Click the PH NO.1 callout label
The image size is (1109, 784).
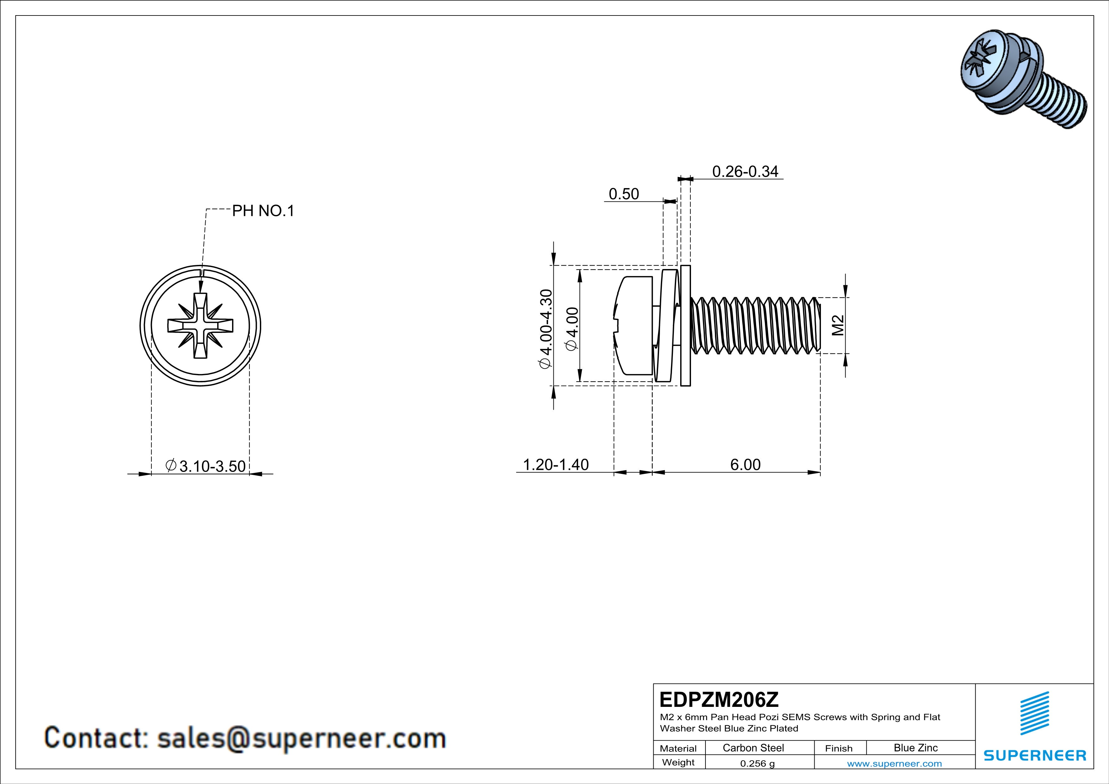pos(263,211)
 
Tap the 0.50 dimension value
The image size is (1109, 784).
pos(624,194)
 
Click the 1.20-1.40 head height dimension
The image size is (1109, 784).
pos(556,464)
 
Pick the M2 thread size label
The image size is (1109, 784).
pos(838,325)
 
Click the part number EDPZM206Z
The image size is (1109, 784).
pos(719,700)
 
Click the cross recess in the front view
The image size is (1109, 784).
pos(200,326)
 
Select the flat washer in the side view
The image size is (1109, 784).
pos(685,326)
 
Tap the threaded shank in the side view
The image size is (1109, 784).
pos(756,326)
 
